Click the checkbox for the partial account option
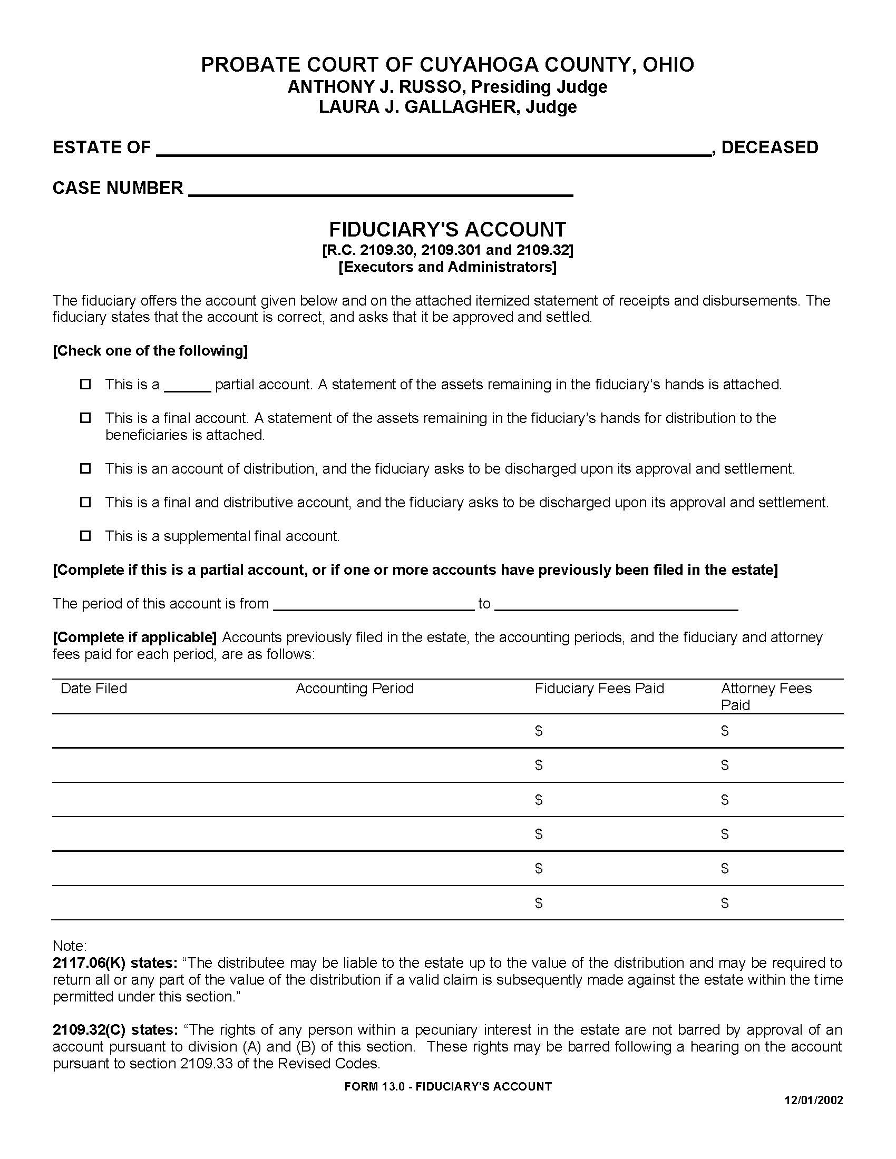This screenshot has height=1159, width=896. click(x=85, y=384)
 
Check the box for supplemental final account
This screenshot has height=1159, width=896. click(x=85, y=535)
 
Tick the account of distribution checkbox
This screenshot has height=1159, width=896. click(x=85, y=468)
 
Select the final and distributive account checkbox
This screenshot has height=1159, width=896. click(x=85, y=502)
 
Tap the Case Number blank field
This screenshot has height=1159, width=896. click(x=380, y=190)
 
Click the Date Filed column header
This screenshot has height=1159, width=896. click(x=94, y=689)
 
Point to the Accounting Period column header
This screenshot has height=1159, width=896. click(x=355, y=689)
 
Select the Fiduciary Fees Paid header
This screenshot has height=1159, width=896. click(x=599, y=689)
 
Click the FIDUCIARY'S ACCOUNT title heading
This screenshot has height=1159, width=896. click(x=447, y=229)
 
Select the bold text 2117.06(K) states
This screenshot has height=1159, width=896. click(x=115, y=962)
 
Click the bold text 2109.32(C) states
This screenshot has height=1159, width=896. click(x=115, y=1029)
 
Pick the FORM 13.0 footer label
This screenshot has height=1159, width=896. click(x=447, y=1086)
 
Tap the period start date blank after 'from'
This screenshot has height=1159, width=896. click(x=374, y=605)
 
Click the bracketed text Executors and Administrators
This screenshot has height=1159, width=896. click(x=447, y=267)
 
